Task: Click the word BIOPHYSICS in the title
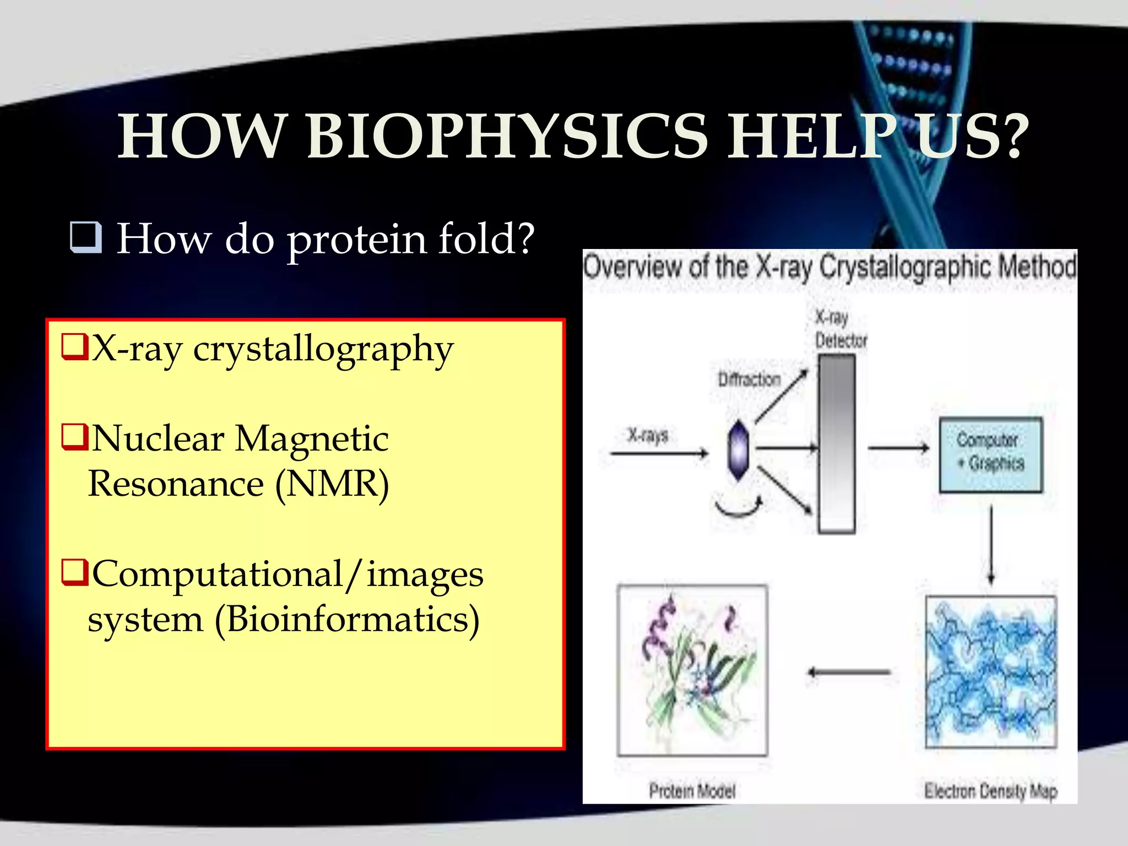[507, 137]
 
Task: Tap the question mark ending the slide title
[1012, 137]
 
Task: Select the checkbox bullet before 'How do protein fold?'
[86, 237]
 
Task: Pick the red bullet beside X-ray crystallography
[75, 347]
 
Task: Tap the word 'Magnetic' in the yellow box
[312, 439]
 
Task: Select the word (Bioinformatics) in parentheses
[347, 620]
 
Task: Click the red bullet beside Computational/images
[75, 573]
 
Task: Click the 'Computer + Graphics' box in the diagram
[990, 454]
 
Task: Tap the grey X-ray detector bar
[836, 443]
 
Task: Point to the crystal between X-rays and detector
[738, 451]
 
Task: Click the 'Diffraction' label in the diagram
[749, 379]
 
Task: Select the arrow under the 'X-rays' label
[659, 453]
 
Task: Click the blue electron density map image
[990, 671]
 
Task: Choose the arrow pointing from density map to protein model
[848, 672]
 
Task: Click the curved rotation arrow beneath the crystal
[738, 508]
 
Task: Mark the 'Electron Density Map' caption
[990, 791]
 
